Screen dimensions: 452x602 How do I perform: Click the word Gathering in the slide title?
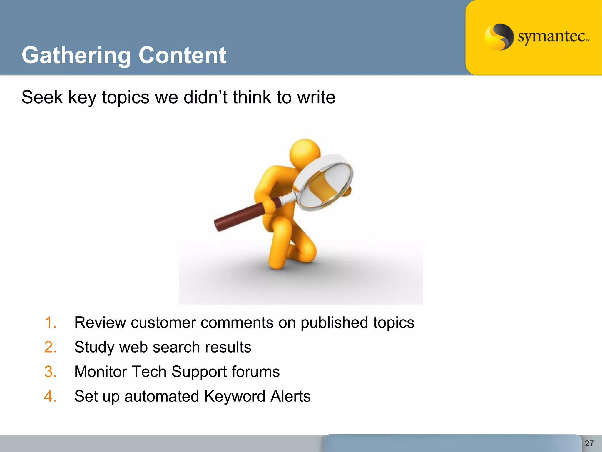[x=76, y=55]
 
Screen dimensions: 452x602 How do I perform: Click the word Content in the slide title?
[x=182, y=55]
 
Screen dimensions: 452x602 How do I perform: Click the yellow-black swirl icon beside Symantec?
[x=499, y=37]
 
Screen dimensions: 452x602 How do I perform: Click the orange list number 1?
[x=51, y=323]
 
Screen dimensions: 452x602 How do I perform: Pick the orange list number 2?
[x=51, y=347]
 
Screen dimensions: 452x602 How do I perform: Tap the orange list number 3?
[x=51, y=372]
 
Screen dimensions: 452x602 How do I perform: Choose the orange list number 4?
[x=51, y=396]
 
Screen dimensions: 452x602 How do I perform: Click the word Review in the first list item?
[x=100, y=323]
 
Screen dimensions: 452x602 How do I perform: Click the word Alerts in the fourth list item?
[x=290, y=396]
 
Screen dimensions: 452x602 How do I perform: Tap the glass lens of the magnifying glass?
[x=325, y=185]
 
